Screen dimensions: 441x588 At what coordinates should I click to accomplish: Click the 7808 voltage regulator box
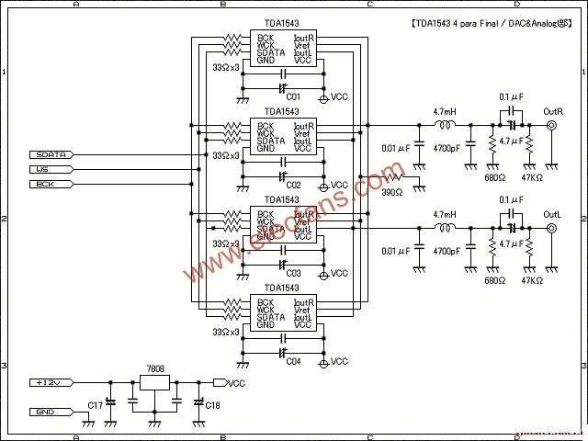click(155, 385)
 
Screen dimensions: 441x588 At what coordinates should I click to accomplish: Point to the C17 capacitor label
click(95, 405)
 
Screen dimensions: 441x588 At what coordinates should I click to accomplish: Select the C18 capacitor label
click(212, 405)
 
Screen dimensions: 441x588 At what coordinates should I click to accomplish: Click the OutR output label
click(552, 111)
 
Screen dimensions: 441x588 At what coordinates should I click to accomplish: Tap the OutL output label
click(552, 212)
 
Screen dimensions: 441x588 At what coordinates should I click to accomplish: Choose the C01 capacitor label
click(293, 96)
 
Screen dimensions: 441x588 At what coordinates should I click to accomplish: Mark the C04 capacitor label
click(293, 361)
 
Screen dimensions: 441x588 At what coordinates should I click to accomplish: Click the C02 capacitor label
click(293, 185)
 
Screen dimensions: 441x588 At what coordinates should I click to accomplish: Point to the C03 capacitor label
click(293, 273)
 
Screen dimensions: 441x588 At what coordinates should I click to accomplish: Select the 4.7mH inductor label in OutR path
click(447, 111)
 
